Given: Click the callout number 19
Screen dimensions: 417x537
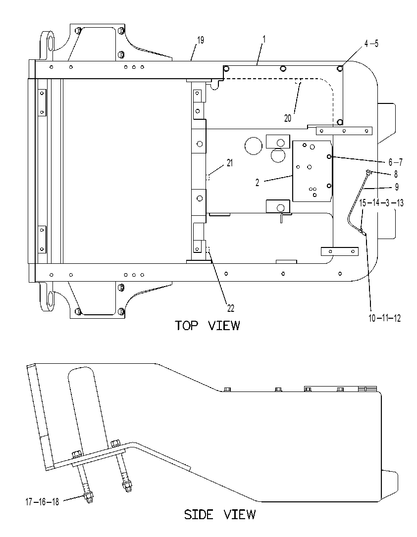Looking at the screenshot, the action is tap(201, 40).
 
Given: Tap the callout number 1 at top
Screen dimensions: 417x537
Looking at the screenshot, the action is tap(263, 39).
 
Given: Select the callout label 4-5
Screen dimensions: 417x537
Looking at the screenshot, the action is tap(371, 44).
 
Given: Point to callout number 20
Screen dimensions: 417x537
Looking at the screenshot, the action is tap(288, 118).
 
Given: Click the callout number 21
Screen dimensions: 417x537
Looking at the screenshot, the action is tap(230, 163).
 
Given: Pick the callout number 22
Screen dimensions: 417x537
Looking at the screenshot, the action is tap(231, 308).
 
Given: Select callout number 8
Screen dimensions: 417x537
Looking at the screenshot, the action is tap(396, 174).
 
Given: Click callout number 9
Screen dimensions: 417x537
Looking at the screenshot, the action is tap(396, 187).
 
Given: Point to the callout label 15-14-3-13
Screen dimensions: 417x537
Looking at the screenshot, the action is tap(381, 203).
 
